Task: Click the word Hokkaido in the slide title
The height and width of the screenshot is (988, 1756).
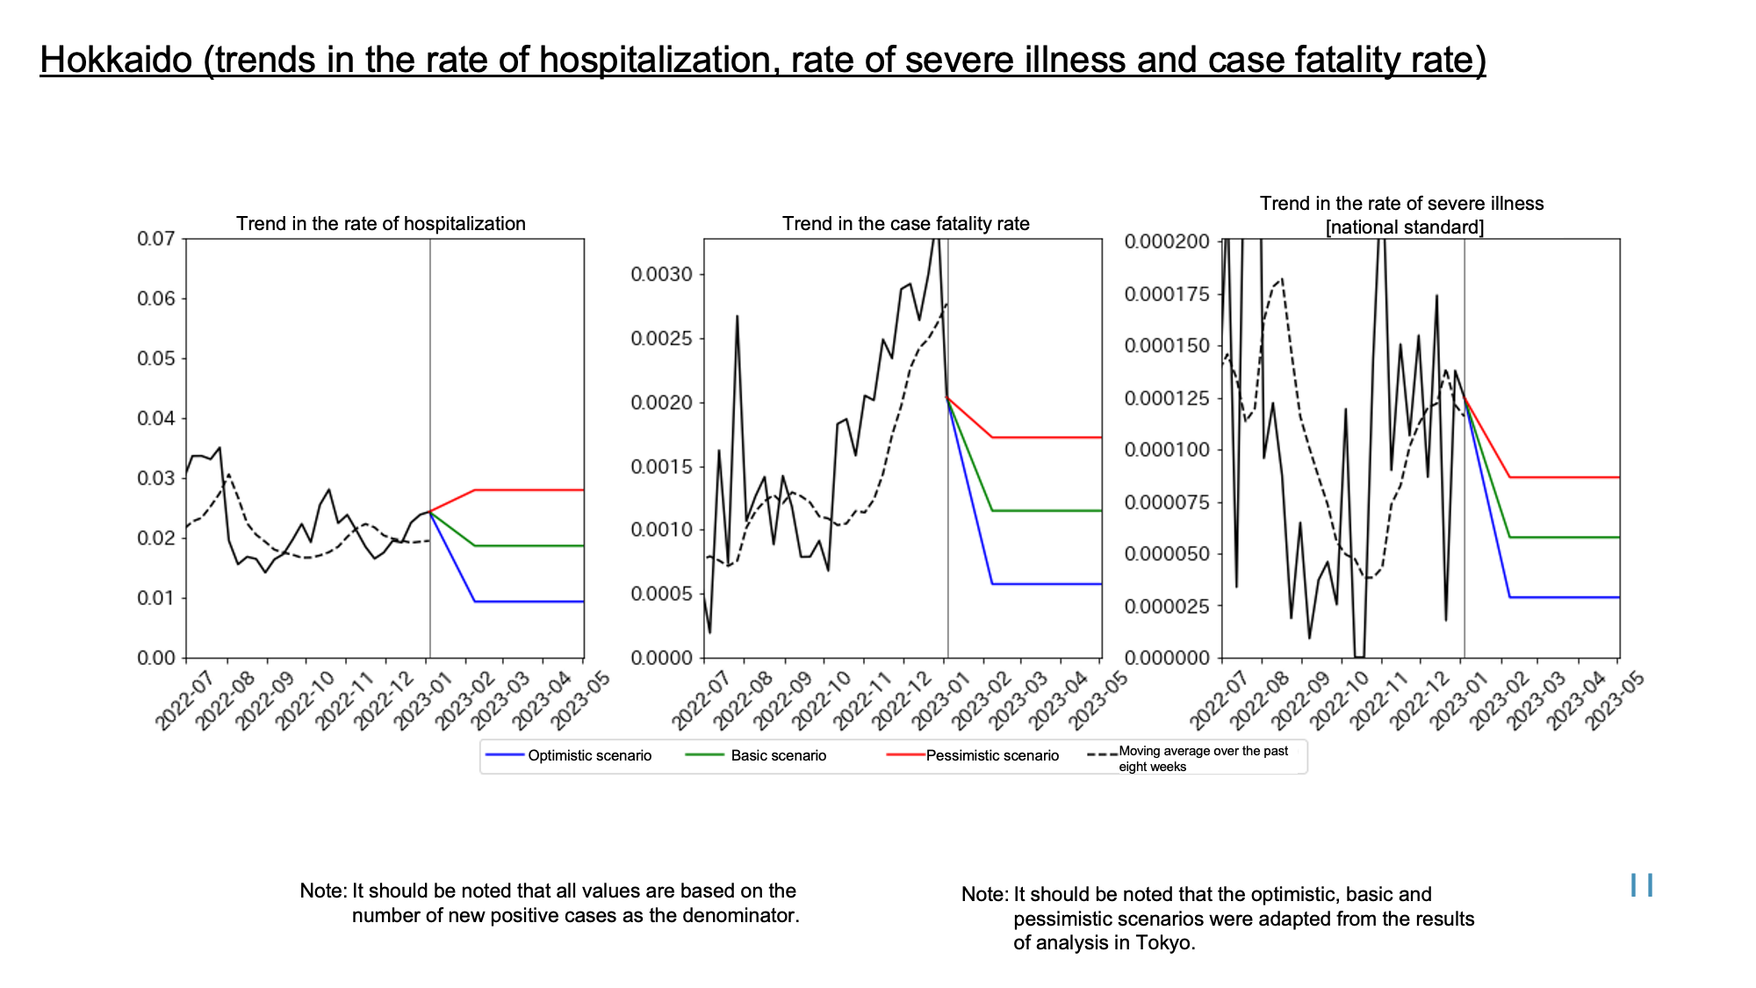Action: pos(116,60)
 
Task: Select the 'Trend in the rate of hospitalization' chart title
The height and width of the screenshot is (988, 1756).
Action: pos(381,224)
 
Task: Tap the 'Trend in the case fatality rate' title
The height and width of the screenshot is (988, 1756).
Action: pos(906,224)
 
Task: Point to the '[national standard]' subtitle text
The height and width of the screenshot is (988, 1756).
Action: pos(1405,227)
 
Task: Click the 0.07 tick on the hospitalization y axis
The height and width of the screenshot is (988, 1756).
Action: pos(156,239)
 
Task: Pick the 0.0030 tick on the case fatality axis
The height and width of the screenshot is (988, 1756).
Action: pos(662,275)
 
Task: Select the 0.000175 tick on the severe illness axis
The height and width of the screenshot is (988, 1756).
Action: pos(1167,293)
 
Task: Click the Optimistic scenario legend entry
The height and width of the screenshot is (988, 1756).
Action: pos(569,755)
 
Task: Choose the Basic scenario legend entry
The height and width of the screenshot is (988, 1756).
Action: pos(756,755)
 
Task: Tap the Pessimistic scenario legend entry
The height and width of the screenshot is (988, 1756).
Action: pos(973,755)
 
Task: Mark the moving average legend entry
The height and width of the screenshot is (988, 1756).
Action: pos(1189,759)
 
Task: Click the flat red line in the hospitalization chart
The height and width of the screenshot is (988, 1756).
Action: pos(529,490)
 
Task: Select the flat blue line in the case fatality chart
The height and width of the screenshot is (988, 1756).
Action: pos(1047,584)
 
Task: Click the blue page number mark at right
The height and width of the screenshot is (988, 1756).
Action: pos(1642,885)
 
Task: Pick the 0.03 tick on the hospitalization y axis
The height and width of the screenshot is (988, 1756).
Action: pos(156,479)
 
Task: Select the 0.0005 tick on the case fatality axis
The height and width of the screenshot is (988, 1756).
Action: pos(662,595)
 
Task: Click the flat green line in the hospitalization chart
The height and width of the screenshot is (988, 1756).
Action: pos(529,546)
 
